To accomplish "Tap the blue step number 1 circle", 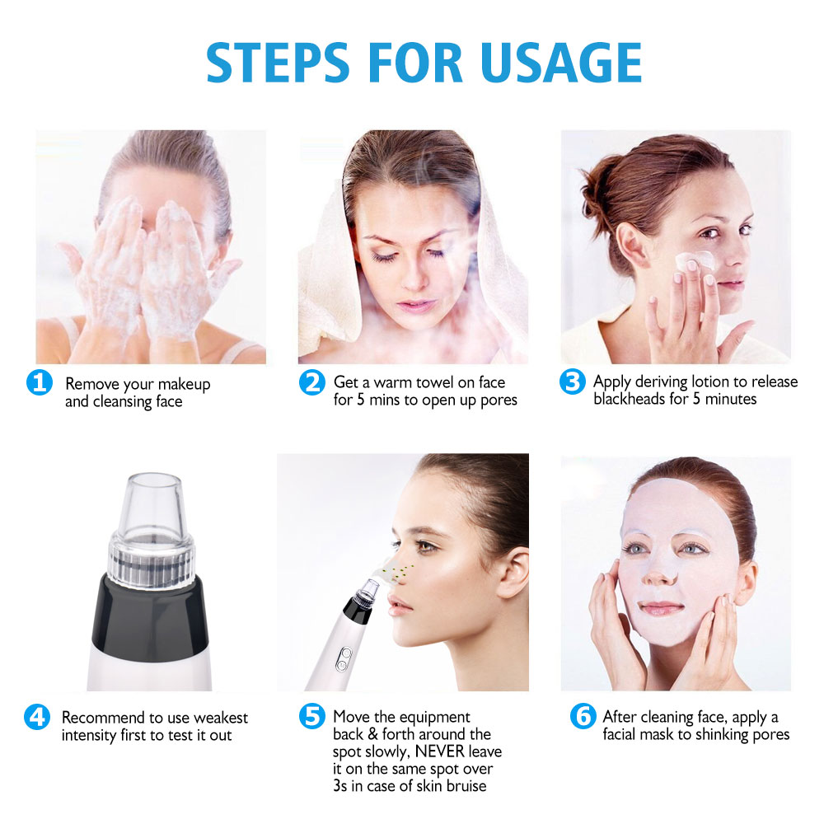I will pos(39,383).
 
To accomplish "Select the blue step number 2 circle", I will pos(311,383).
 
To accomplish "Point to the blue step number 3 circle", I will pos(572,383).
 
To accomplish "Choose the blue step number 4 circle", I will pos(39,717).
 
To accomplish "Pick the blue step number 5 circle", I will pos(311,717).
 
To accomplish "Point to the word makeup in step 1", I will pos(184,384).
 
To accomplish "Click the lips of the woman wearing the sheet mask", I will pos(661,609).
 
